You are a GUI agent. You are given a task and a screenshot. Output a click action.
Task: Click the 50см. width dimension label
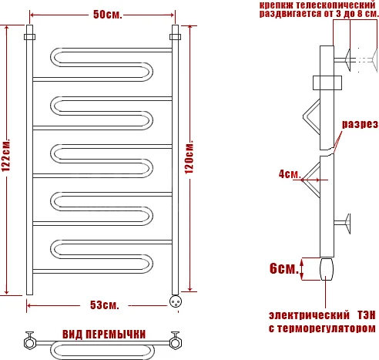[x=105, y=15]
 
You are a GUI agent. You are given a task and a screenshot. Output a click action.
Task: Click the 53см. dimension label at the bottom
[x=103, y=306]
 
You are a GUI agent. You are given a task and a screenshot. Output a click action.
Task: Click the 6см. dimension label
[x=282, y=270]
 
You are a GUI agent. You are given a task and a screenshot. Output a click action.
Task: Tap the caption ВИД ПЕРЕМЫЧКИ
[x=103, y=334]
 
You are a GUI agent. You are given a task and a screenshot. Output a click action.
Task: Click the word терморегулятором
[x=331, y=328]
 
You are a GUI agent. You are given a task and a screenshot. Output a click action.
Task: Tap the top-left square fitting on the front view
[x=30, y=35]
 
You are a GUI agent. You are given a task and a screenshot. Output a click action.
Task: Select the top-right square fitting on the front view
[x=175, y=35]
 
